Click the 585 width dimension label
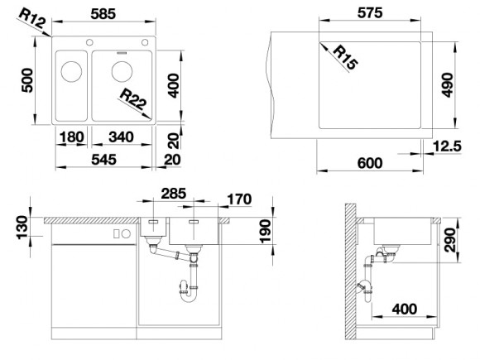[103, 14]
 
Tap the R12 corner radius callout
[32, 18]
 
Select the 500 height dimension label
[27, 80]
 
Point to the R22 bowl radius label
[133, 99]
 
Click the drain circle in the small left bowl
[71, 72]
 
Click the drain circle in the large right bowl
[122, 72]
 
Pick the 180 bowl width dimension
[72, 137]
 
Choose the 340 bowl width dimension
[121, 137]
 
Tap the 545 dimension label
[103, 160]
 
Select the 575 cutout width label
[370, 13]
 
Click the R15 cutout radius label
[345, 57]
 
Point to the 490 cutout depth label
[448, 85]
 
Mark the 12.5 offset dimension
[447, 146]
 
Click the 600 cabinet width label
[370, 163]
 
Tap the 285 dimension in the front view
[174, 194]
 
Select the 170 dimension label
[239, 199]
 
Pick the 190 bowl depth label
[266, 232]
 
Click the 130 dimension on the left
[22, 227]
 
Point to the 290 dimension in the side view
[449, 240]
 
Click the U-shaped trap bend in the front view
[189, 300]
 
